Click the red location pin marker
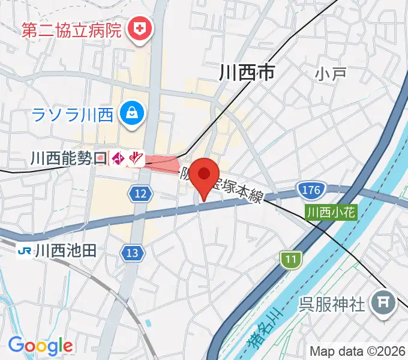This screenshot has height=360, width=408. click(205, 176)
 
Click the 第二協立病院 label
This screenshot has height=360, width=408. click(72, 29)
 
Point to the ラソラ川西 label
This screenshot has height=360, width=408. click(73, 113)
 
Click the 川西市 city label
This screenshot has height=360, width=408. click(247, 73)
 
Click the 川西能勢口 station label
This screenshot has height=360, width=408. click(68, 158)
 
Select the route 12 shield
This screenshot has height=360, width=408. click(139, 193)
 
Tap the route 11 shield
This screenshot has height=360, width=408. click(291, 259)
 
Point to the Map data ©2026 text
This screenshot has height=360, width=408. click(357, 352)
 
